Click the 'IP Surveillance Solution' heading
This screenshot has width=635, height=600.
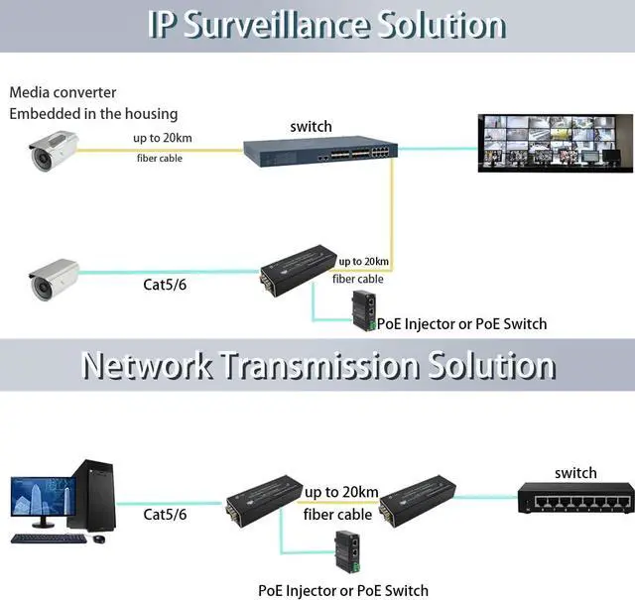[326, 24]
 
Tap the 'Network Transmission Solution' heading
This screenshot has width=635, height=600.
[317, 365]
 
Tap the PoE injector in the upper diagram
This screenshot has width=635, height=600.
[363, 310]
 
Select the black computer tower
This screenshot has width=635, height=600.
[93, 495]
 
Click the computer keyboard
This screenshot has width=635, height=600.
[49, 540]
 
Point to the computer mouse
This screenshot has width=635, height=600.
[98, 540]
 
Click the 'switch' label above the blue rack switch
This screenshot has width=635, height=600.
[311, 127]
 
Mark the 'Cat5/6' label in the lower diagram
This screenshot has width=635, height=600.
[165, 514]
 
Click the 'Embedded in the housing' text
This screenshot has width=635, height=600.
[93, 113]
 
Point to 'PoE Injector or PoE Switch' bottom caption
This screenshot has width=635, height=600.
[343, 590]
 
